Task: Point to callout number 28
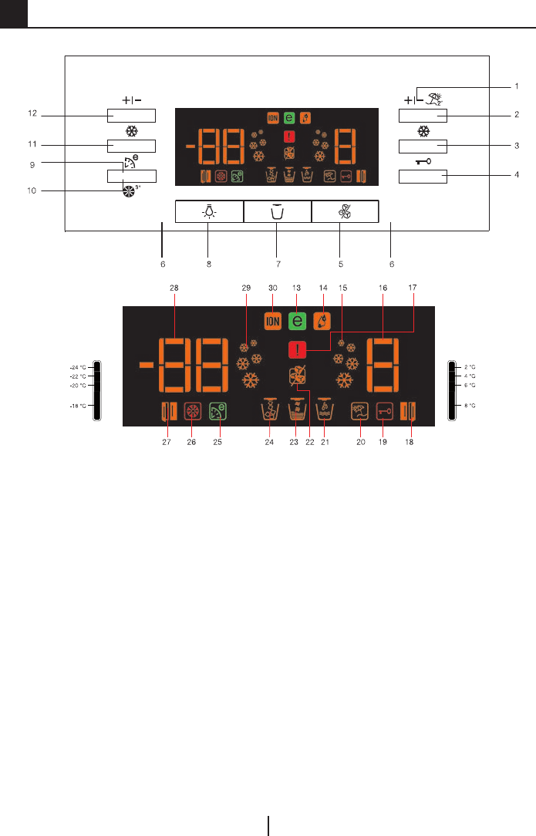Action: (174, 287)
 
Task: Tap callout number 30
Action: (272, 287)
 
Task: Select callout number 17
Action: (413, 287)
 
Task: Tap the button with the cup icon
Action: (277, 212)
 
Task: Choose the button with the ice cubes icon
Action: (345, 212)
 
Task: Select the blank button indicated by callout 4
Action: (423, 177)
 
